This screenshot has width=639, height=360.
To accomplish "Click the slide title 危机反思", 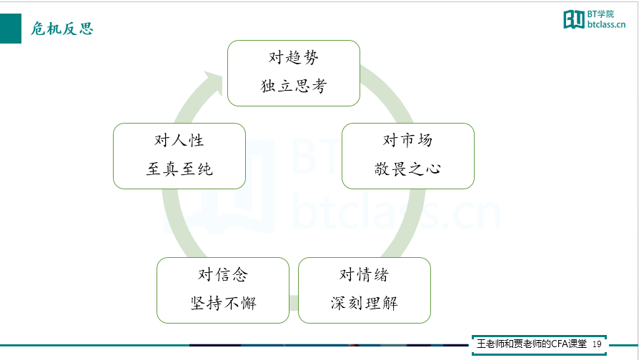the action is click(x=62, y=29).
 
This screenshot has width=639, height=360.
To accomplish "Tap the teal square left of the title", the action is click(x=11, y=29).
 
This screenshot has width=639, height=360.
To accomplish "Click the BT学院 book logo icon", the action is click(x=574, y=19).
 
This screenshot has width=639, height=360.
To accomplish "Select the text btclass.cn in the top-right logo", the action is click(x=606, y=24).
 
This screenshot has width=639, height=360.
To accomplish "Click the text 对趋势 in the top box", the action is click(x=294, y=57).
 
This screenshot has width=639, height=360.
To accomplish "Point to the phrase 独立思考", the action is click(x=294, y=86).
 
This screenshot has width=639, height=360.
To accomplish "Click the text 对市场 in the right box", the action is click(x=407, y=140).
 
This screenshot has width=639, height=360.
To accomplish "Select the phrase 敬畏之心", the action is click(x=407, y=169).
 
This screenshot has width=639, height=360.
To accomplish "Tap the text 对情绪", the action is click(x=364, y=274).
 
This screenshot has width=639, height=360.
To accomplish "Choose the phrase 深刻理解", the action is click(x=364, y=303).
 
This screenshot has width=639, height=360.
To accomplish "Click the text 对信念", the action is click(x=223, y=274).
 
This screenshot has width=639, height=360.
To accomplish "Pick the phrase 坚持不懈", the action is click(x=223, y=303).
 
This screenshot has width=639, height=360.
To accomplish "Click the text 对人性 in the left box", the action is click(x=179, y=140).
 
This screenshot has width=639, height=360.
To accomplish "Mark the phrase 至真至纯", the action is click(x=179, y=169).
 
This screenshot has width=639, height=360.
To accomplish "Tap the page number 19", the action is click(x=597, y=344).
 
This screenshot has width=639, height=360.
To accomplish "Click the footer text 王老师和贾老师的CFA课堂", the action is click(x=532, y=344).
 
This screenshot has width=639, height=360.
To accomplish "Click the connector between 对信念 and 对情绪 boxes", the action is click(x=294, y=304).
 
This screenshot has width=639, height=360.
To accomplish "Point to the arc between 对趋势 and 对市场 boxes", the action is click(x=388, y=92).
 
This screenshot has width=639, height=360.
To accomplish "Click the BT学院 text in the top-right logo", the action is click(x=600, y=14).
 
